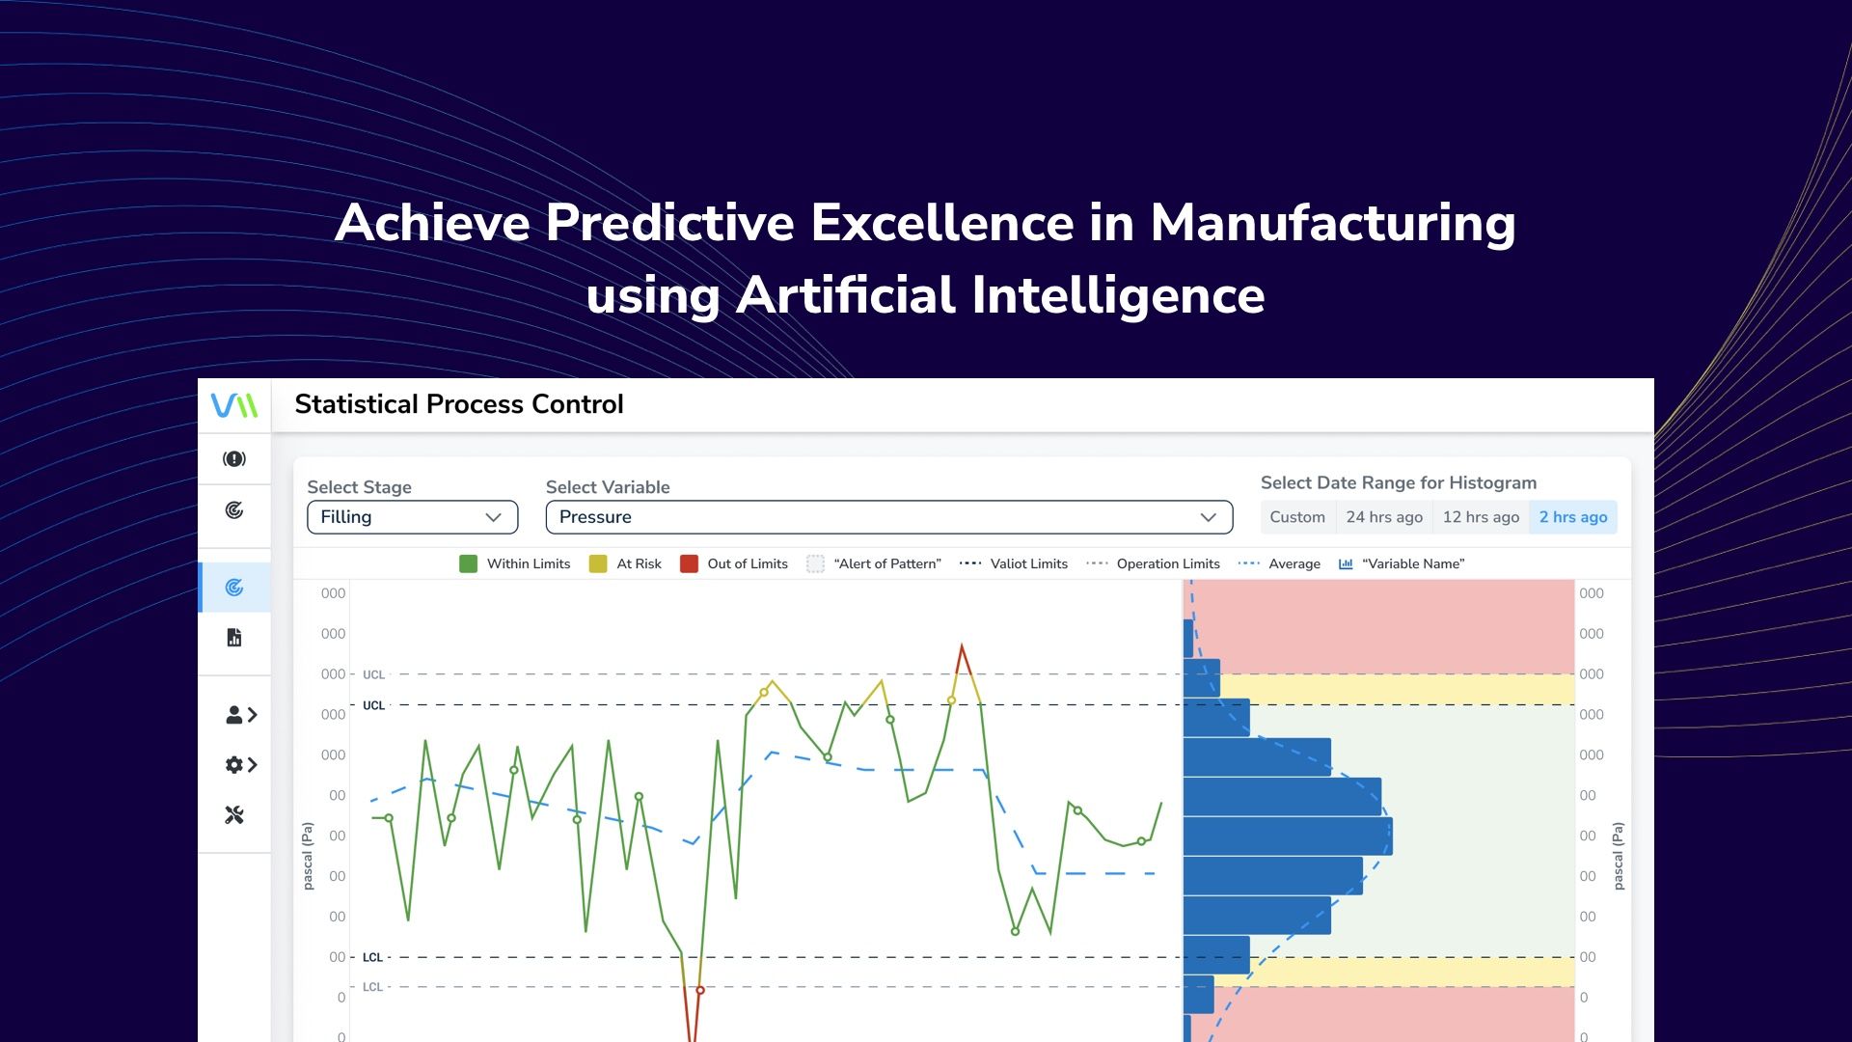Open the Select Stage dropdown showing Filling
[x=412, y=517]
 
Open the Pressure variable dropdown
[x=888, y=517]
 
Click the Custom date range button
[x=1296, y=517]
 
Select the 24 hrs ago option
[x=1383, y=517]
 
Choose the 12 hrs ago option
[x=1480, y=517]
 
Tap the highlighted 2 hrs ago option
[x=1572, y=517]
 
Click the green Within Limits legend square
[x=468, y=564]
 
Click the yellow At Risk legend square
[x=598, y=564]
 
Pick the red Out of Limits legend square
[x=689, y=564]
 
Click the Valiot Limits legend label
[x=1028, y=564]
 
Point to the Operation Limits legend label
[x=1167, y=564]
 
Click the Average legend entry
[x=1294, y=564]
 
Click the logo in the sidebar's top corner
[x=234, y=405]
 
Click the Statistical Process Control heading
[x=459, y=404]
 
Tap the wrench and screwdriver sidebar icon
[x=234, y=815]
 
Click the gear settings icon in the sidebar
[x=234, y=765]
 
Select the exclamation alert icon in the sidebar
[x=234, y=459]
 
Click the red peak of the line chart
[x=961, y=648]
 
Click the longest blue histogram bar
[x=1287, y=836]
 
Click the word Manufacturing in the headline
[x=1332, y=223]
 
